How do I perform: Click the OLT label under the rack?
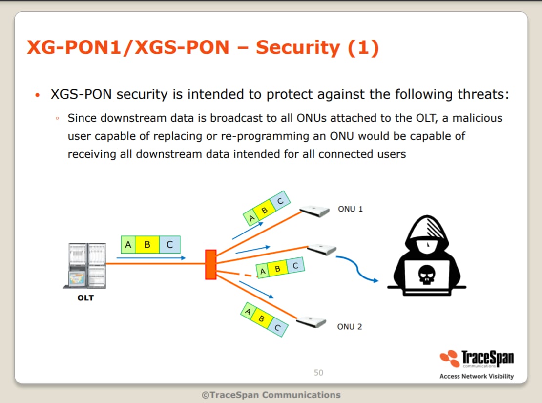(x=85, y=298)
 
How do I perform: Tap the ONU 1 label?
(x=350, y=209)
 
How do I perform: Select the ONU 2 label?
(x=350, y=326)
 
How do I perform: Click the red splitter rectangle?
(x=211, y=264)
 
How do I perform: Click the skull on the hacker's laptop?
(x=427, y=275)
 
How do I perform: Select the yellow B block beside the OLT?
(x=147, y=245)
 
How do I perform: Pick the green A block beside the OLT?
(x=128, y=245)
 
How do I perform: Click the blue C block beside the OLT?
(x=170, y=245)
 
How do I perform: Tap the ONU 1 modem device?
(x=314, y=211)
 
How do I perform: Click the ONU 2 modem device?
(x=311, y=322)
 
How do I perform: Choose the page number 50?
(x=318, y=373)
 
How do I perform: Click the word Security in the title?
(x=298, y=47)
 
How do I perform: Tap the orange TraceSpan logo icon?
(x=450, y=359)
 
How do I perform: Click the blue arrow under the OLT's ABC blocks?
(x=151, y=258)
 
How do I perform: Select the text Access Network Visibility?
(x=476, y=376)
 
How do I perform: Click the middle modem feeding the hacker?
(x=322, y=249)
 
